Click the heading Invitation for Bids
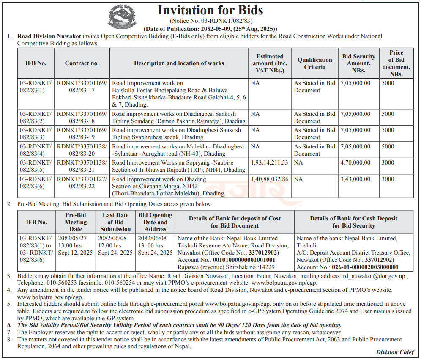[x=210, y=10]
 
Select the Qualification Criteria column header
[x=314, y=63]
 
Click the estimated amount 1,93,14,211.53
[x=269, y=162]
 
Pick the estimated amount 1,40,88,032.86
[x=269, y=179]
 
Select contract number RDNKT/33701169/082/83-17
[x=82, y=87]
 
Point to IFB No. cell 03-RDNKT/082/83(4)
[x=36, y=150]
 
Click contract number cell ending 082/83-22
[x=82, y=183]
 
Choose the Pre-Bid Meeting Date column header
[x=76, y=222]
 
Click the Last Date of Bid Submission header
[x=115, y=222]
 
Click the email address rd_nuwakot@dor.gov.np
[x=374, y=276]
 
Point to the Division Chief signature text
[x=395, y=352]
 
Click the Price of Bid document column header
[x=396, y=63]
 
